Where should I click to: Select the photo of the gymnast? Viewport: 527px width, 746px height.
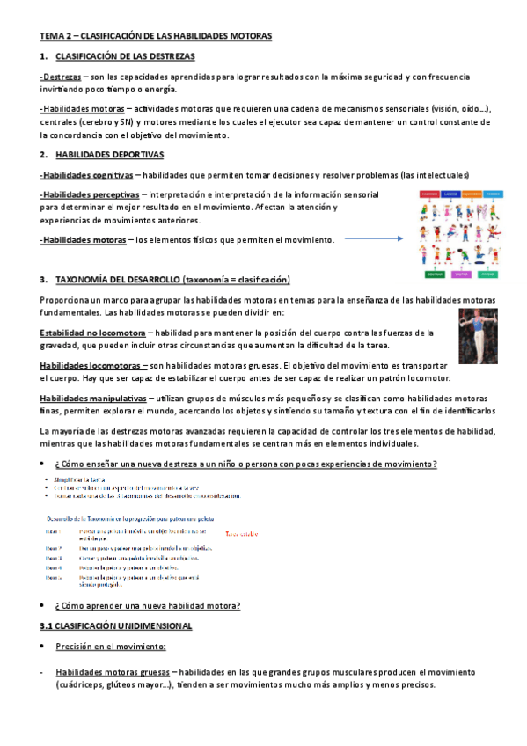click(478, 329)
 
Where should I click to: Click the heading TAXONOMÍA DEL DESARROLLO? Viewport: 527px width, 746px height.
click(172, 280)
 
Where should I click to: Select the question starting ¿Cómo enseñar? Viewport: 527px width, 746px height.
click(245, 464)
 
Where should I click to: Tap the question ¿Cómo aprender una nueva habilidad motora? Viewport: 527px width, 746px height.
click(147, 606)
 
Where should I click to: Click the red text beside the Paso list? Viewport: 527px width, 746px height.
click(241, 534)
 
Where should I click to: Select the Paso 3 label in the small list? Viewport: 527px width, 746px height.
click(54, 558)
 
